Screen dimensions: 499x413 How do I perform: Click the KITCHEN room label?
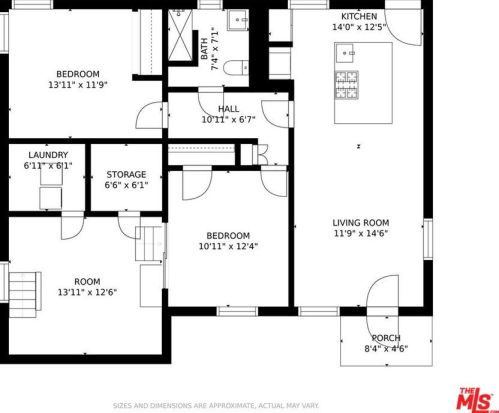(359, 16)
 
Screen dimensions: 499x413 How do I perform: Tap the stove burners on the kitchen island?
(347, 85)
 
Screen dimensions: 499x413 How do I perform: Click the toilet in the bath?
(236, 68)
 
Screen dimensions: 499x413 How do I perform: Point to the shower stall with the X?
(180, 35)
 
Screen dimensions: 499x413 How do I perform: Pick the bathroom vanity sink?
(238, 20)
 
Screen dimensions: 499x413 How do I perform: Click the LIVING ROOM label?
(361, 223)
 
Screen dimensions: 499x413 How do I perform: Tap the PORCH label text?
(386, 338)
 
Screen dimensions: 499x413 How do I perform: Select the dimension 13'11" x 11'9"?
(78, 85)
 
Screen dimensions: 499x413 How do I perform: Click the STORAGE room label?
(126, 174)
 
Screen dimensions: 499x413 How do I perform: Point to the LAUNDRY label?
(48, 155)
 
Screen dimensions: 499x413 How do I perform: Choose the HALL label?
(229, 109)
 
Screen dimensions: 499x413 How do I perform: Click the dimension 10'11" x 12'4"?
(228, 246)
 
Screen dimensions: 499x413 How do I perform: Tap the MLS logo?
(477, 398)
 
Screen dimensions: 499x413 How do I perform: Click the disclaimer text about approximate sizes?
(216, 406)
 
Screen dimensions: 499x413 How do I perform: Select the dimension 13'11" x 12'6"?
(87, 292)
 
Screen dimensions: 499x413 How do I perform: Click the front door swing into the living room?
(382, 292)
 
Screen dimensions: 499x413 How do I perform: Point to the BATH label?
(204, 49)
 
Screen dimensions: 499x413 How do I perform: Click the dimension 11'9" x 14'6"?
(361, 233)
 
